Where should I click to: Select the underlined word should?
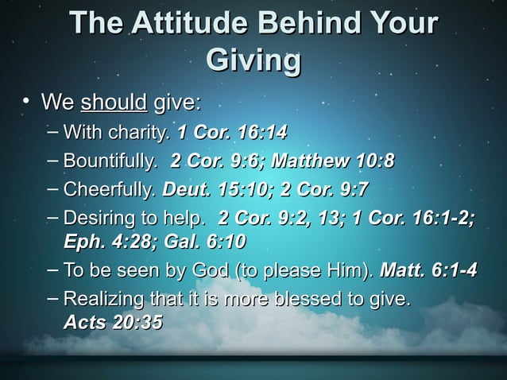coord(114,103)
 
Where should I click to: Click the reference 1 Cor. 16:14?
coord(232,131)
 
